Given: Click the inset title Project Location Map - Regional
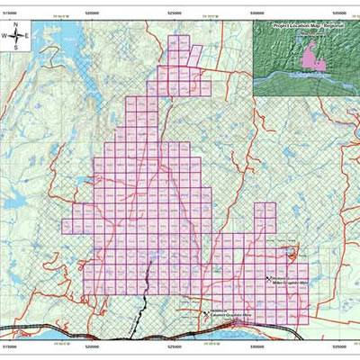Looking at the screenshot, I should pos(301,27).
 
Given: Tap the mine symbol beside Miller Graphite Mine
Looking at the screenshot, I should pos(270,279).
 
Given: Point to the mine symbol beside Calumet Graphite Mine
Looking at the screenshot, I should pos(204,308).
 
